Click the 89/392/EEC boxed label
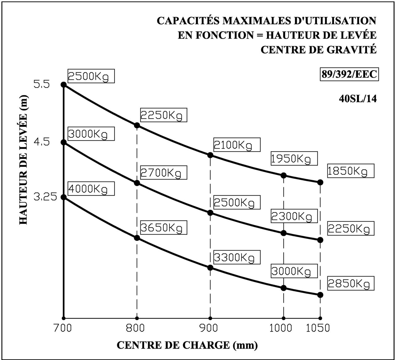coord(349,74)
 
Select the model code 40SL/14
coord(358,99)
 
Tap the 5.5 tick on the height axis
coord(42,84)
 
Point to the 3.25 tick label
coord(45,197)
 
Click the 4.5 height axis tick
coord(42,142)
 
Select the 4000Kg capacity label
coord(91,189)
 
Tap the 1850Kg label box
coord(351,171)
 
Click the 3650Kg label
coord(164,227)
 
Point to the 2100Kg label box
coord(237,145)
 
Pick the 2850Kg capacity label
coord(351,283)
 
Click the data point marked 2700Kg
coord(137,183)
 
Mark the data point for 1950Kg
coord(283,175)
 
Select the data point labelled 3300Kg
coord(210,268)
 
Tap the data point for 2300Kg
coord(283,233)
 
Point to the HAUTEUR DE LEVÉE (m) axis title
coord(23,160)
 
